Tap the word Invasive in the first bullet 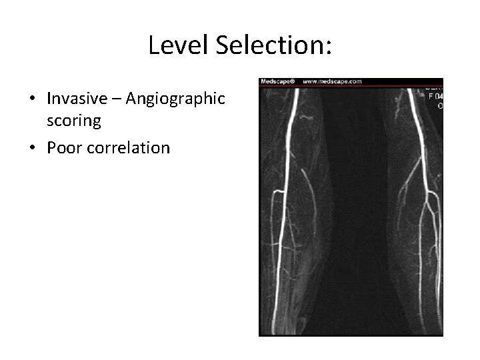point(78,99)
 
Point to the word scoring point(73,123)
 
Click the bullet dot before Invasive point(32,99)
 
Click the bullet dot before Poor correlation point(32,148)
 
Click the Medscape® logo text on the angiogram point(277,81)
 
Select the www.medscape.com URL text point(332,81)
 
